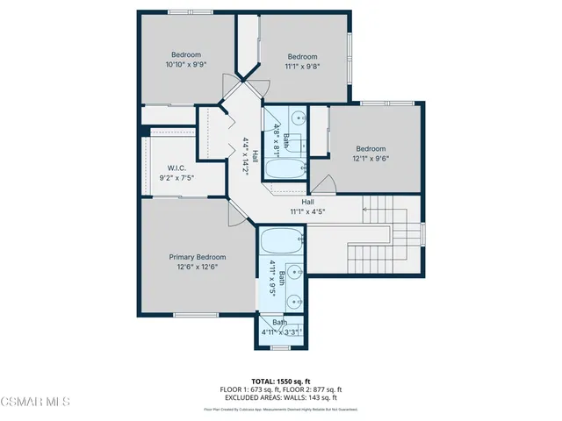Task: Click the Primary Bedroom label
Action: (193, 257)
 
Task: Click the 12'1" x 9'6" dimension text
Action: (371, 159)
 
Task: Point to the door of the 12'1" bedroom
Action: (325, 183)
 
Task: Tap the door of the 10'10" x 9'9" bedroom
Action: (232, 85)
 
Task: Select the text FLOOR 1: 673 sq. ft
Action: (248, 389)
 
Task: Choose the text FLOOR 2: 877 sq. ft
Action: (313, 389)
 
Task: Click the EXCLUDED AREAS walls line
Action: (280, 397)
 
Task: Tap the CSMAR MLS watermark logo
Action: (35, 403)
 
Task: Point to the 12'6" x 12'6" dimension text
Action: (193, 267)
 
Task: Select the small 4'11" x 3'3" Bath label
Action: (279, 327)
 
